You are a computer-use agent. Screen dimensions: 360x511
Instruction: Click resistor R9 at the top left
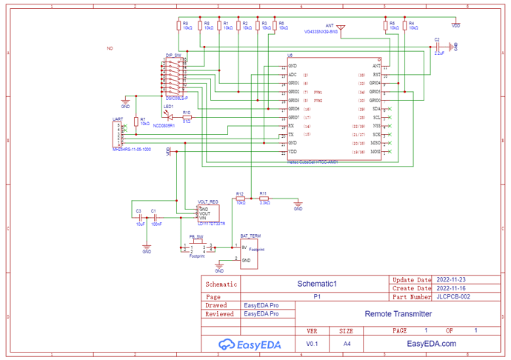tap(178, 27)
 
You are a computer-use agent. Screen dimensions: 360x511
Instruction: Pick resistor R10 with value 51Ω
tap(187, 117)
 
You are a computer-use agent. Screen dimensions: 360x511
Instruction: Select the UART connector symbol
tap(117, 136)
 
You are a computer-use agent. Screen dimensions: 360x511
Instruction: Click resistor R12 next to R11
tap(239, 199)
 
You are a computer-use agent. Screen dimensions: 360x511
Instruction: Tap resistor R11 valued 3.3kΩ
tap(264, 199)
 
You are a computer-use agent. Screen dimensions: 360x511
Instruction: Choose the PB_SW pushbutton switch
tap(196, 247)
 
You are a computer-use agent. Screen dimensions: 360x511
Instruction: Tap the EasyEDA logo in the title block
tap(247, 344)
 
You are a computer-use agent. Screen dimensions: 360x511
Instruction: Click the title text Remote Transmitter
tap(398, 314)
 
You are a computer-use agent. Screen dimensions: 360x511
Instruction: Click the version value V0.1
tap(312, 344)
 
